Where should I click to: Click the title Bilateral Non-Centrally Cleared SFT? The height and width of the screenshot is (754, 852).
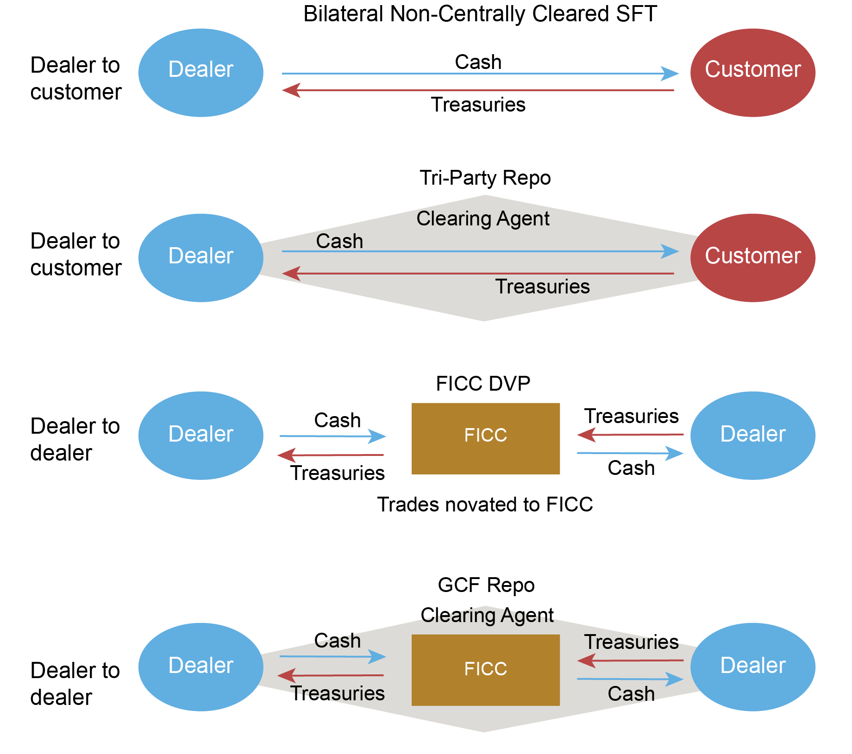point(480,14)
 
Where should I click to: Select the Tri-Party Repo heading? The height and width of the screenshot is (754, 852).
point(485,178)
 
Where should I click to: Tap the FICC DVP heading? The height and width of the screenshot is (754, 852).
point(483,384)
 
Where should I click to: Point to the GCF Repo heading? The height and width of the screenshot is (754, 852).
point(486,585)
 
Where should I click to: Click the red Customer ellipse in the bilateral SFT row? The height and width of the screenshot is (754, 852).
point(752,73)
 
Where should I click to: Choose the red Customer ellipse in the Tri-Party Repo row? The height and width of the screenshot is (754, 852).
point(752,258)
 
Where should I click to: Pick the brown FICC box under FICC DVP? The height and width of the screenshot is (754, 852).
point(485,438)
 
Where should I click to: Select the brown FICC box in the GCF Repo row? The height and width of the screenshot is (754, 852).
point(485,670)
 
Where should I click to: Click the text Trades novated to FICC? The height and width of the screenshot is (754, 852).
point(485,505)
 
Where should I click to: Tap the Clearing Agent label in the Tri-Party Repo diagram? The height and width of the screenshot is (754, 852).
point(483,218)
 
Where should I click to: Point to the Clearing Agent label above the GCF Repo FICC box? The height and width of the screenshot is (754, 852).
point(487,615)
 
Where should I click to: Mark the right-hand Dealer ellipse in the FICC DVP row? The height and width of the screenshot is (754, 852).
point(752,436)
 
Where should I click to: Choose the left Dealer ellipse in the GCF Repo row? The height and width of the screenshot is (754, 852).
point(200,667)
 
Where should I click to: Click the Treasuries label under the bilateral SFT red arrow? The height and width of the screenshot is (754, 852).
point(478,105)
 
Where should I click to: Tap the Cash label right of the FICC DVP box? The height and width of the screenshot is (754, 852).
point(631,468)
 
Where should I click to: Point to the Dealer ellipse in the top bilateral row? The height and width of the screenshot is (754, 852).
point(200,73)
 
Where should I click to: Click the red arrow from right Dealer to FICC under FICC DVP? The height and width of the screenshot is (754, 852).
point(630,435)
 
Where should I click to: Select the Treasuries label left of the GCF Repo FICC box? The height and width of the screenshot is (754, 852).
point(338,693)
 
